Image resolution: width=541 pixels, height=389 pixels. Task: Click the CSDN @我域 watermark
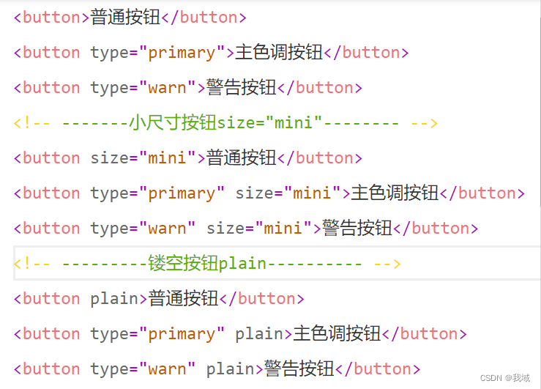click(x=505, y=377)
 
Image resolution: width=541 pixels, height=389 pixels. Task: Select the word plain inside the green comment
click(x=242, y=263)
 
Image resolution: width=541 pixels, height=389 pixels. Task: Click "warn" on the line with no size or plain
click(x=167, y=88)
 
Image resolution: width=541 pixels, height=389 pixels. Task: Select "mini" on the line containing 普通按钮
click(x=167, y=158)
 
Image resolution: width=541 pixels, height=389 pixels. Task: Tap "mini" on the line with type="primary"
click(x=312, y=193)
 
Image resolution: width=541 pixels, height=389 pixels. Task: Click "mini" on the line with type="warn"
click(x=283, y=228)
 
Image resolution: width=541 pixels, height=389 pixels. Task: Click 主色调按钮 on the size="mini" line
click(x=395, y=193)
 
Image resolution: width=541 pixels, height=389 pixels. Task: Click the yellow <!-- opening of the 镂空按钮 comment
click(x=32, y=263)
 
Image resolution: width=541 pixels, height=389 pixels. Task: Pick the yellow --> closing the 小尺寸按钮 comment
click(x=424, y=122)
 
